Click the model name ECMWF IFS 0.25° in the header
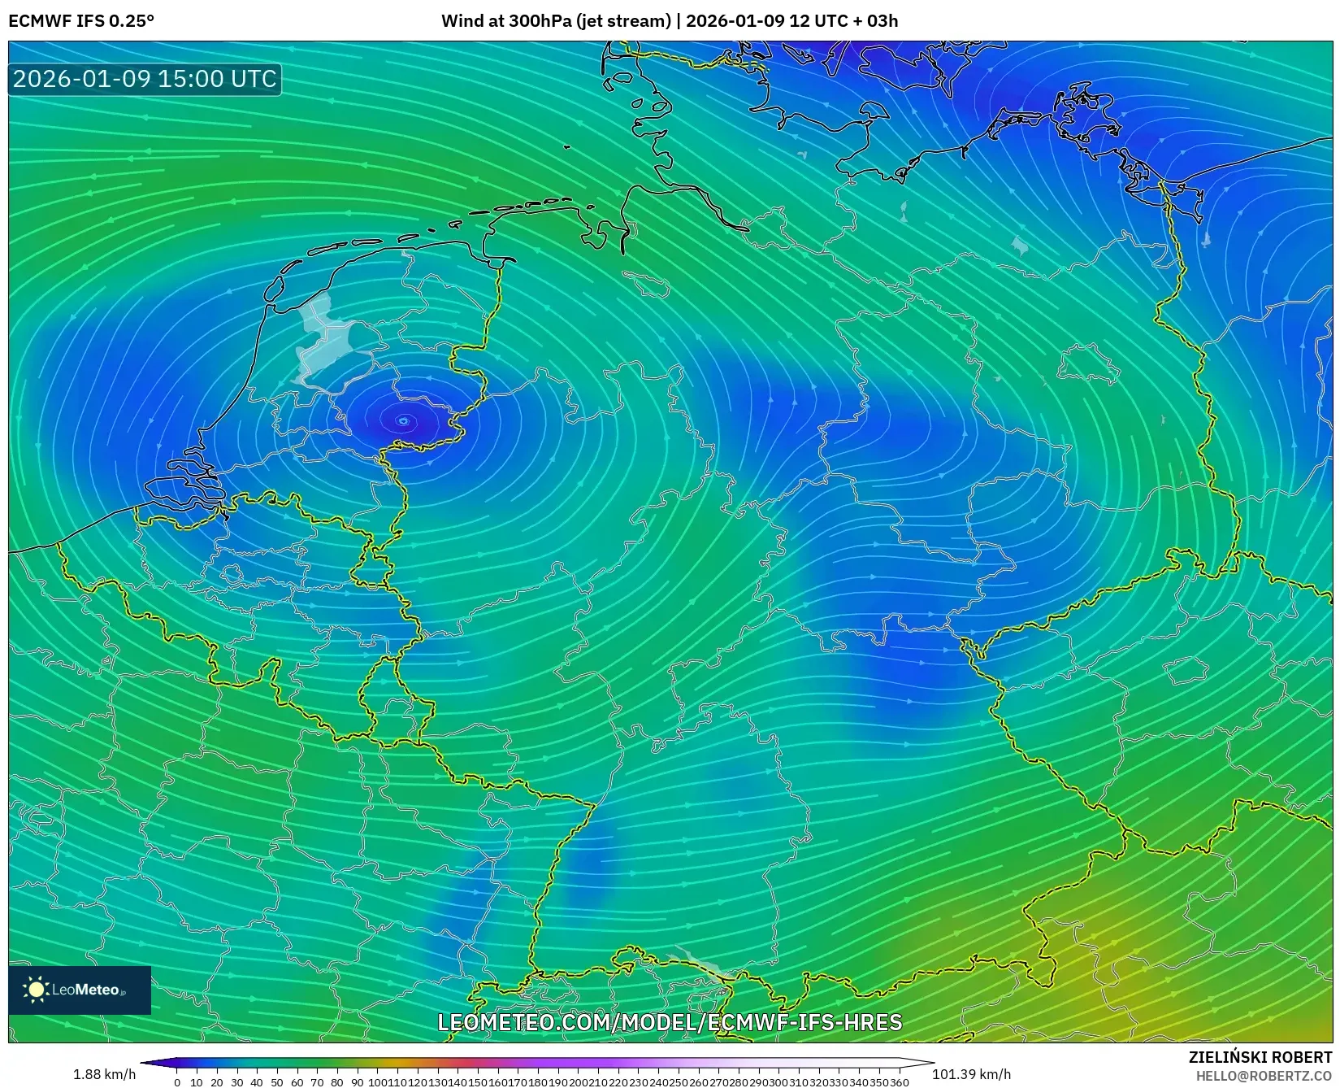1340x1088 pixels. pos(81,21)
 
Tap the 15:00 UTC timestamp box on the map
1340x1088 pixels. pos(145,79)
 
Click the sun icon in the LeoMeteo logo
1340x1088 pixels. pos(36,989)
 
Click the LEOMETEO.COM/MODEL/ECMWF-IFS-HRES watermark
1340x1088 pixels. pos(670,1022)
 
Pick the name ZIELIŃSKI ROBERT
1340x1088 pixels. pos(1260,1057)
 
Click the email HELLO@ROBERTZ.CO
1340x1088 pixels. pos(1264,1076)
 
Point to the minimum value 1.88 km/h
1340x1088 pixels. pos(104,1074)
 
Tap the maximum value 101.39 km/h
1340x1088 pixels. pos(971,1074)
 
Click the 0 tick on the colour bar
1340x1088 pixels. pos(177,1082)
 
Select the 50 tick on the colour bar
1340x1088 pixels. pos(277,1082)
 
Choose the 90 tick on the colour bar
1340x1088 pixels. pos(357,1082)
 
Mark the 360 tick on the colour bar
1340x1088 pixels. pos(900,1082)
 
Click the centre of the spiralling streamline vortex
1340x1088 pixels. pos(404,420)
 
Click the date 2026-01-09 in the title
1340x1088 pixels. pos(735,21)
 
